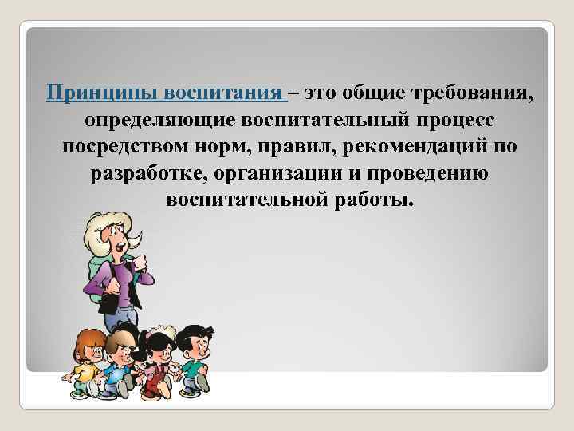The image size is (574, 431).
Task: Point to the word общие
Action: pyautogui.click(x=377, y=94)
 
